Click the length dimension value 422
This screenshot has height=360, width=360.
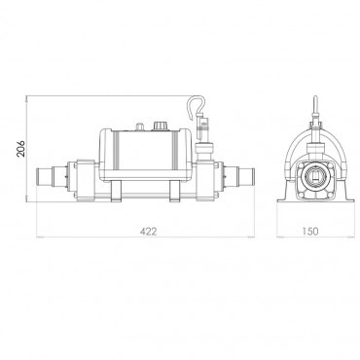147,233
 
